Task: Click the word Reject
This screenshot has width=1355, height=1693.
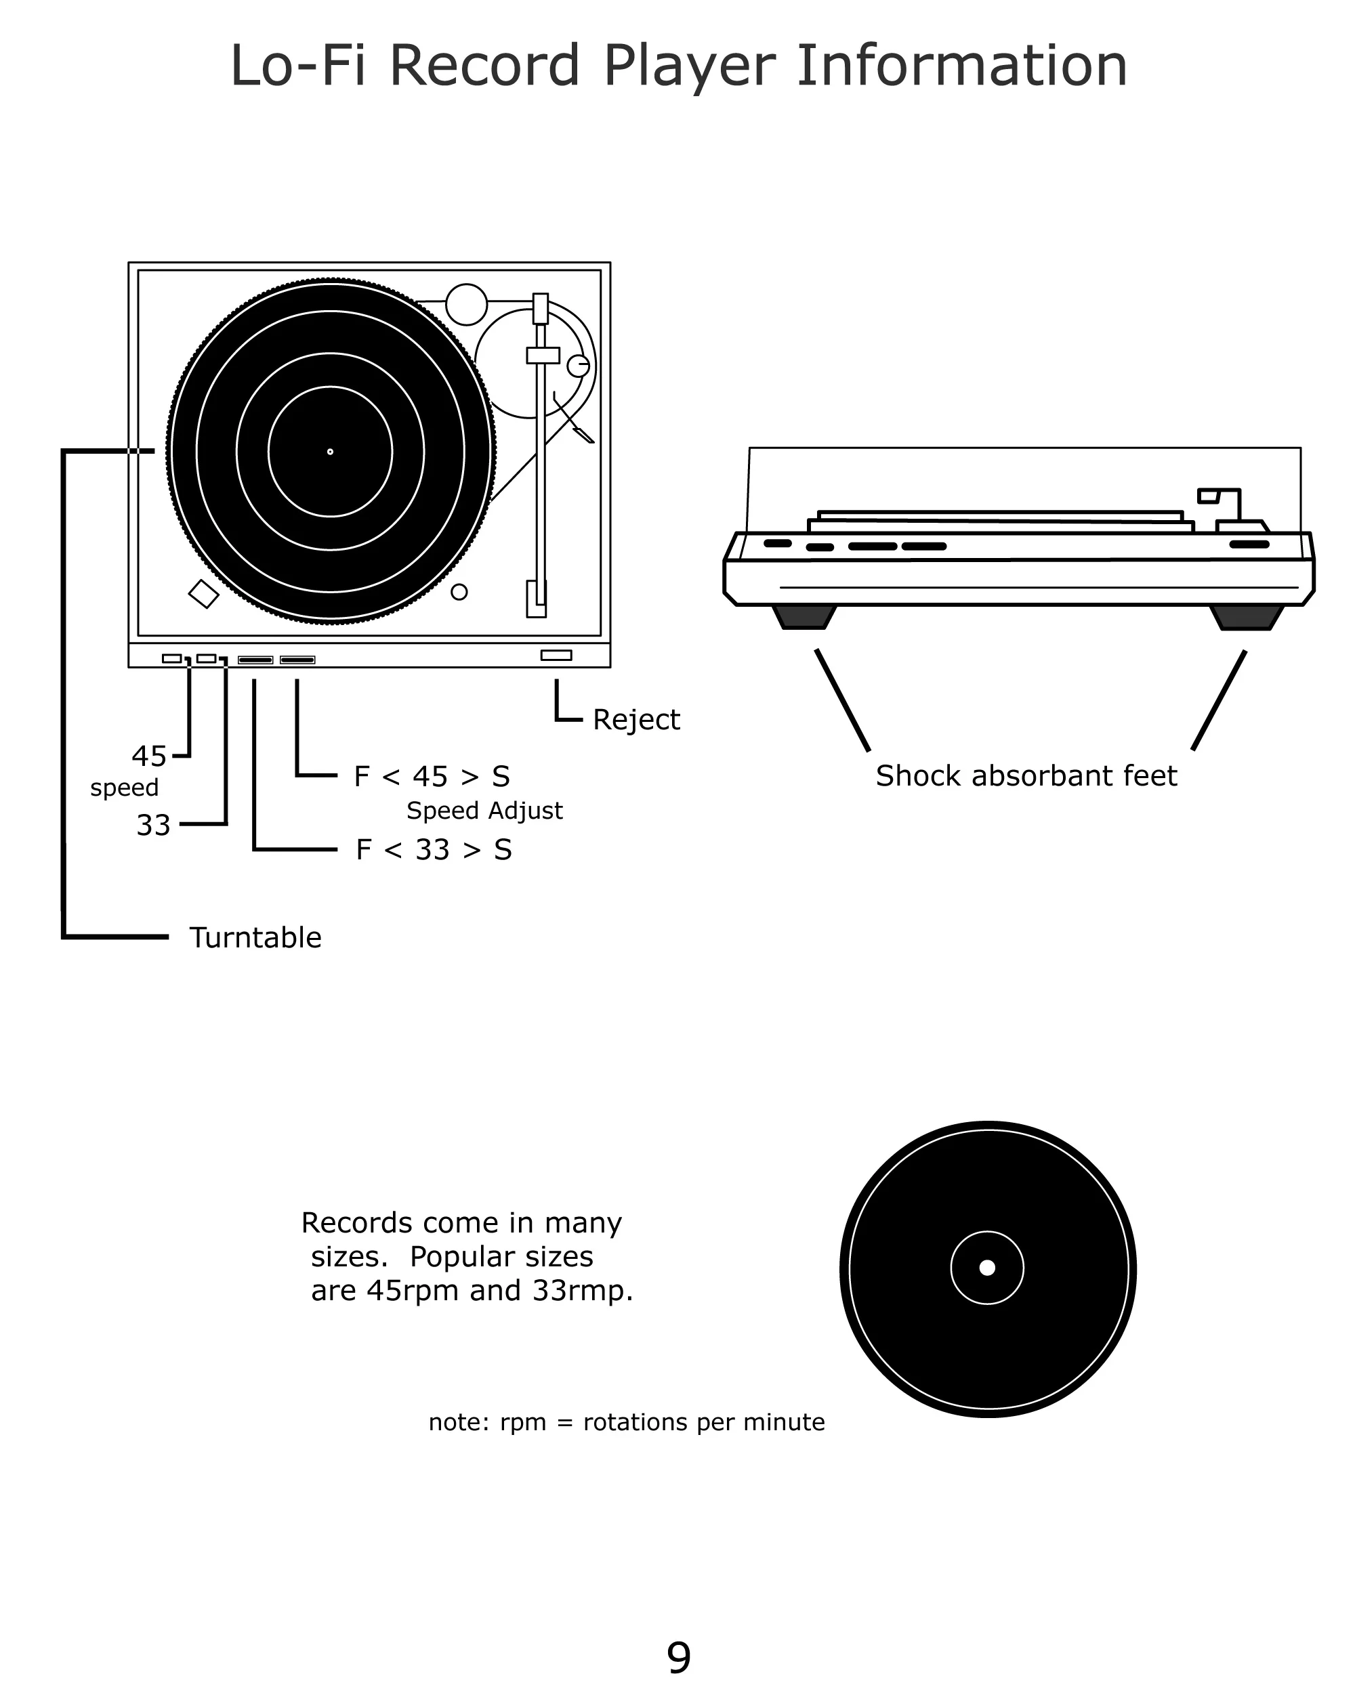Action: pyautogui.click(x=635, y=719)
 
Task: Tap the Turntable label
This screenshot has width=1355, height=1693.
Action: pyautogui.click(x=255, y=938)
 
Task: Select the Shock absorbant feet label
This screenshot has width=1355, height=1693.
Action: pyautogui.click(x=1026, y=776)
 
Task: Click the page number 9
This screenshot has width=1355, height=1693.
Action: pyautogui.click(x=678, y=1657)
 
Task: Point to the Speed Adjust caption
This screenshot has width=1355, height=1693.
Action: pyautogui.click(x=484, y=811)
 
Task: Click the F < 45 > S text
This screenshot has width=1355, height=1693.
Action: pyautogui.click(x=432, y=777)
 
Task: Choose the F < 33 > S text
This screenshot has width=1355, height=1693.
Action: pyautogui.click(x=434, y=850)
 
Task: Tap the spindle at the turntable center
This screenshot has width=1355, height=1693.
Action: pyautogui.click(x=330, y=452)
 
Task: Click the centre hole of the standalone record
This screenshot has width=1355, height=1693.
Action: pyautogui.click(x=987, y=1268)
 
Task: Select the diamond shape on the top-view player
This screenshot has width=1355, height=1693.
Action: pyautogui.click(x=203, y=594)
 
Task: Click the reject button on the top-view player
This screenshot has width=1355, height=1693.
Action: pyautogui.click(x=556, y=655)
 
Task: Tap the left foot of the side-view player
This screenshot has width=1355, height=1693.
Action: pyautogui.click(x=804, y=616)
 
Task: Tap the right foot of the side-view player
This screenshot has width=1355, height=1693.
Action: pyautogui.click(x=1246, y=616)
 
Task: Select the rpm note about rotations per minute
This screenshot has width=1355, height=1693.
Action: pyautogui.click(x=626, y=1422)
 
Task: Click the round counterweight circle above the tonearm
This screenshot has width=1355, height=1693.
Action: pyautogui.click(x=467, y=305)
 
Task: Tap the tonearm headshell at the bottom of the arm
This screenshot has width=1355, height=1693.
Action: pyautogui.click(x=536, y=599)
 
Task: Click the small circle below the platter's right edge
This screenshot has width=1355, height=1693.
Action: pyautogui.click(x=459, y=592)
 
